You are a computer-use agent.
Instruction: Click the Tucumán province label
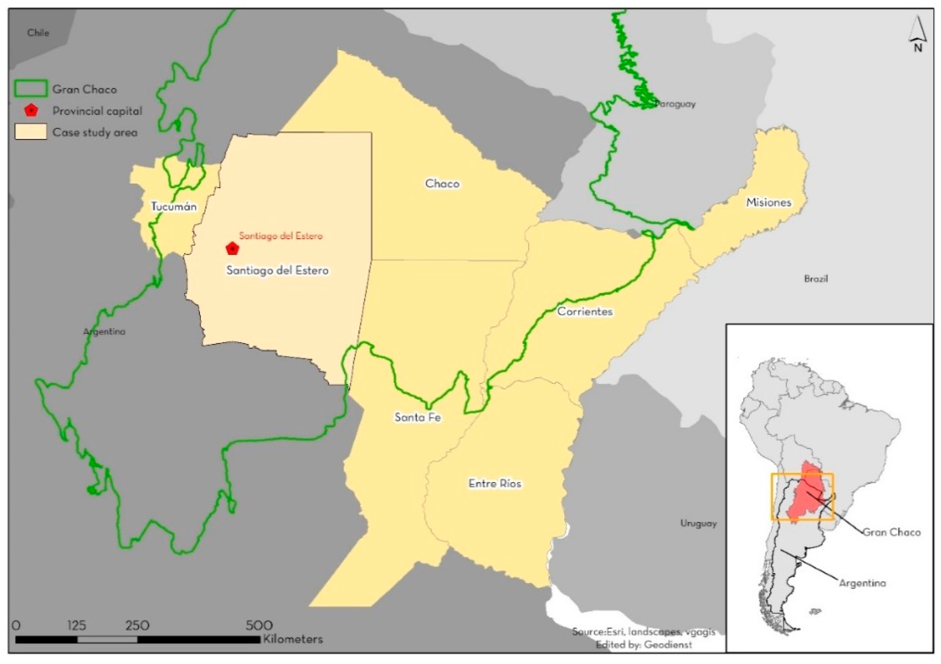[x=174, y=206]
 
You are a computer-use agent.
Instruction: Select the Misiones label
[x=768, y=202]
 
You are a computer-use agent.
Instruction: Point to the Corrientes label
[x=585, y=312]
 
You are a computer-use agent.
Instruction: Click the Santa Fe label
[x=418, y=417]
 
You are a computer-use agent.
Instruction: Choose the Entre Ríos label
[x=495, y=484]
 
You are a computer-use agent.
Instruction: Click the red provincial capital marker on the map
[x=233, y=248]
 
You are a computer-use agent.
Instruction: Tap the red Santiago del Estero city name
[x=281, y=236]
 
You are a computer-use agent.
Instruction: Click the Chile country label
[x=38, y=33]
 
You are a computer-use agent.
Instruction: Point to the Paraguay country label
[x=675, y=104]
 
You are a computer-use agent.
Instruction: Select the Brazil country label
[x=816, y=279]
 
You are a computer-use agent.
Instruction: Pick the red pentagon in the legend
[x=31, y=111]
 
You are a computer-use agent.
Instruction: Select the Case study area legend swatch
[x=31, y=132]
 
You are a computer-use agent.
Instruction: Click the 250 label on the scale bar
[x=137, y=625]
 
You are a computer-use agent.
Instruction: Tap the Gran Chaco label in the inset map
[x=891, y=532]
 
